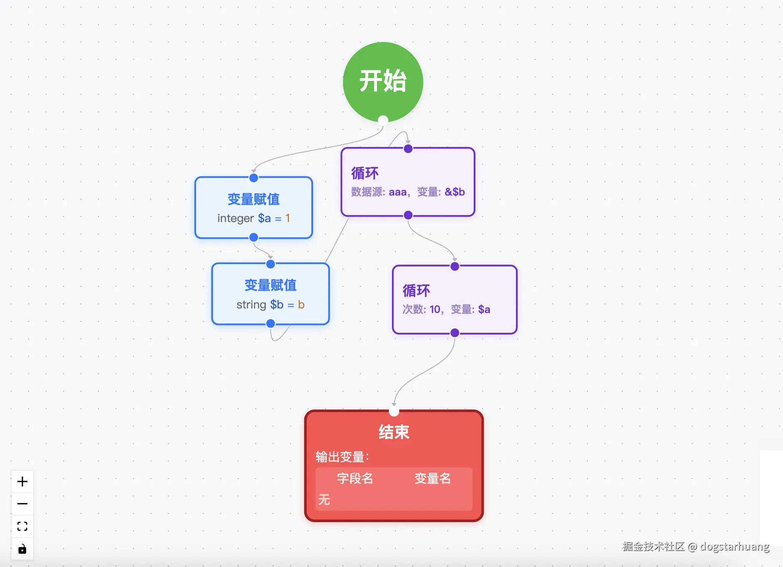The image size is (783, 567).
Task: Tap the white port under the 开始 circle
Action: click(x=383, y=120)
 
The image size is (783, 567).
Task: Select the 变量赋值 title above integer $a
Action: click(x=254, y=199)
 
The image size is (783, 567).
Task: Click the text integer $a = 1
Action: click(x=254, y=218)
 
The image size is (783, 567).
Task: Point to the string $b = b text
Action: click(x=270, y=305)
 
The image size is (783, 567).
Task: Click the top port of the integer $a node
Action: click(x=254, y=178)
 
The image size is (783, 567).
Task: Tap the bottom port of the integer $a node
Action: click(x=254, y=237)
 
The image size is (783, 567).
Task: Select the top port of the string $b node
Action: click(x=271, y=264)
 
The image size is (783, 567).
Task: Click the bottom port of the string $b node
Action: click(x=271, y=323)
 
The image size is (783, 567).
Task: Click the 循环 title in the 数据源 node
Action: click(x=365, y=173)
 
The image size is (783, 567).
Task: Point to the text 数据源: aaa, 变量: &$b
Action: click(x=408, y=192)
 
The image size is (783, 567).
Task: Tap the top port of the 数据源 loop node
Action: click(x=408, y=149)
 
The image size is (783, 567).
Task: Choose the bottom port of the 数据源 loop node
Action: click(x=408, y=215)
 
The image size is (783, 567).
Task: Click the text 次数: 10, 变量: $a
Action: click(x=446, y=310)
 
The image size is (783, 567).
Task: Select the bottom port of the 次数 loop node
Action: click(x=455, y=333)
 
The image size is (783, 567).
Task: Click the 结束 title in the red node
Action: click(x=394, y=432)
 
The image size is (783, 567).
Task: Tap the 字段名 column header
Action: click(x=355, y=479)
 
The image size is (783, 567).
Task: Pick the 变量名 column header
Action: click(x=433, y=479)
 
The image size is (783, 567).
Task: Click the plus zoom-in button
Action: click(x=22, y=481)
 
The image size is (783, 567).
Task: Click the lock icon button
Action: click(x=22, y=549)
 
